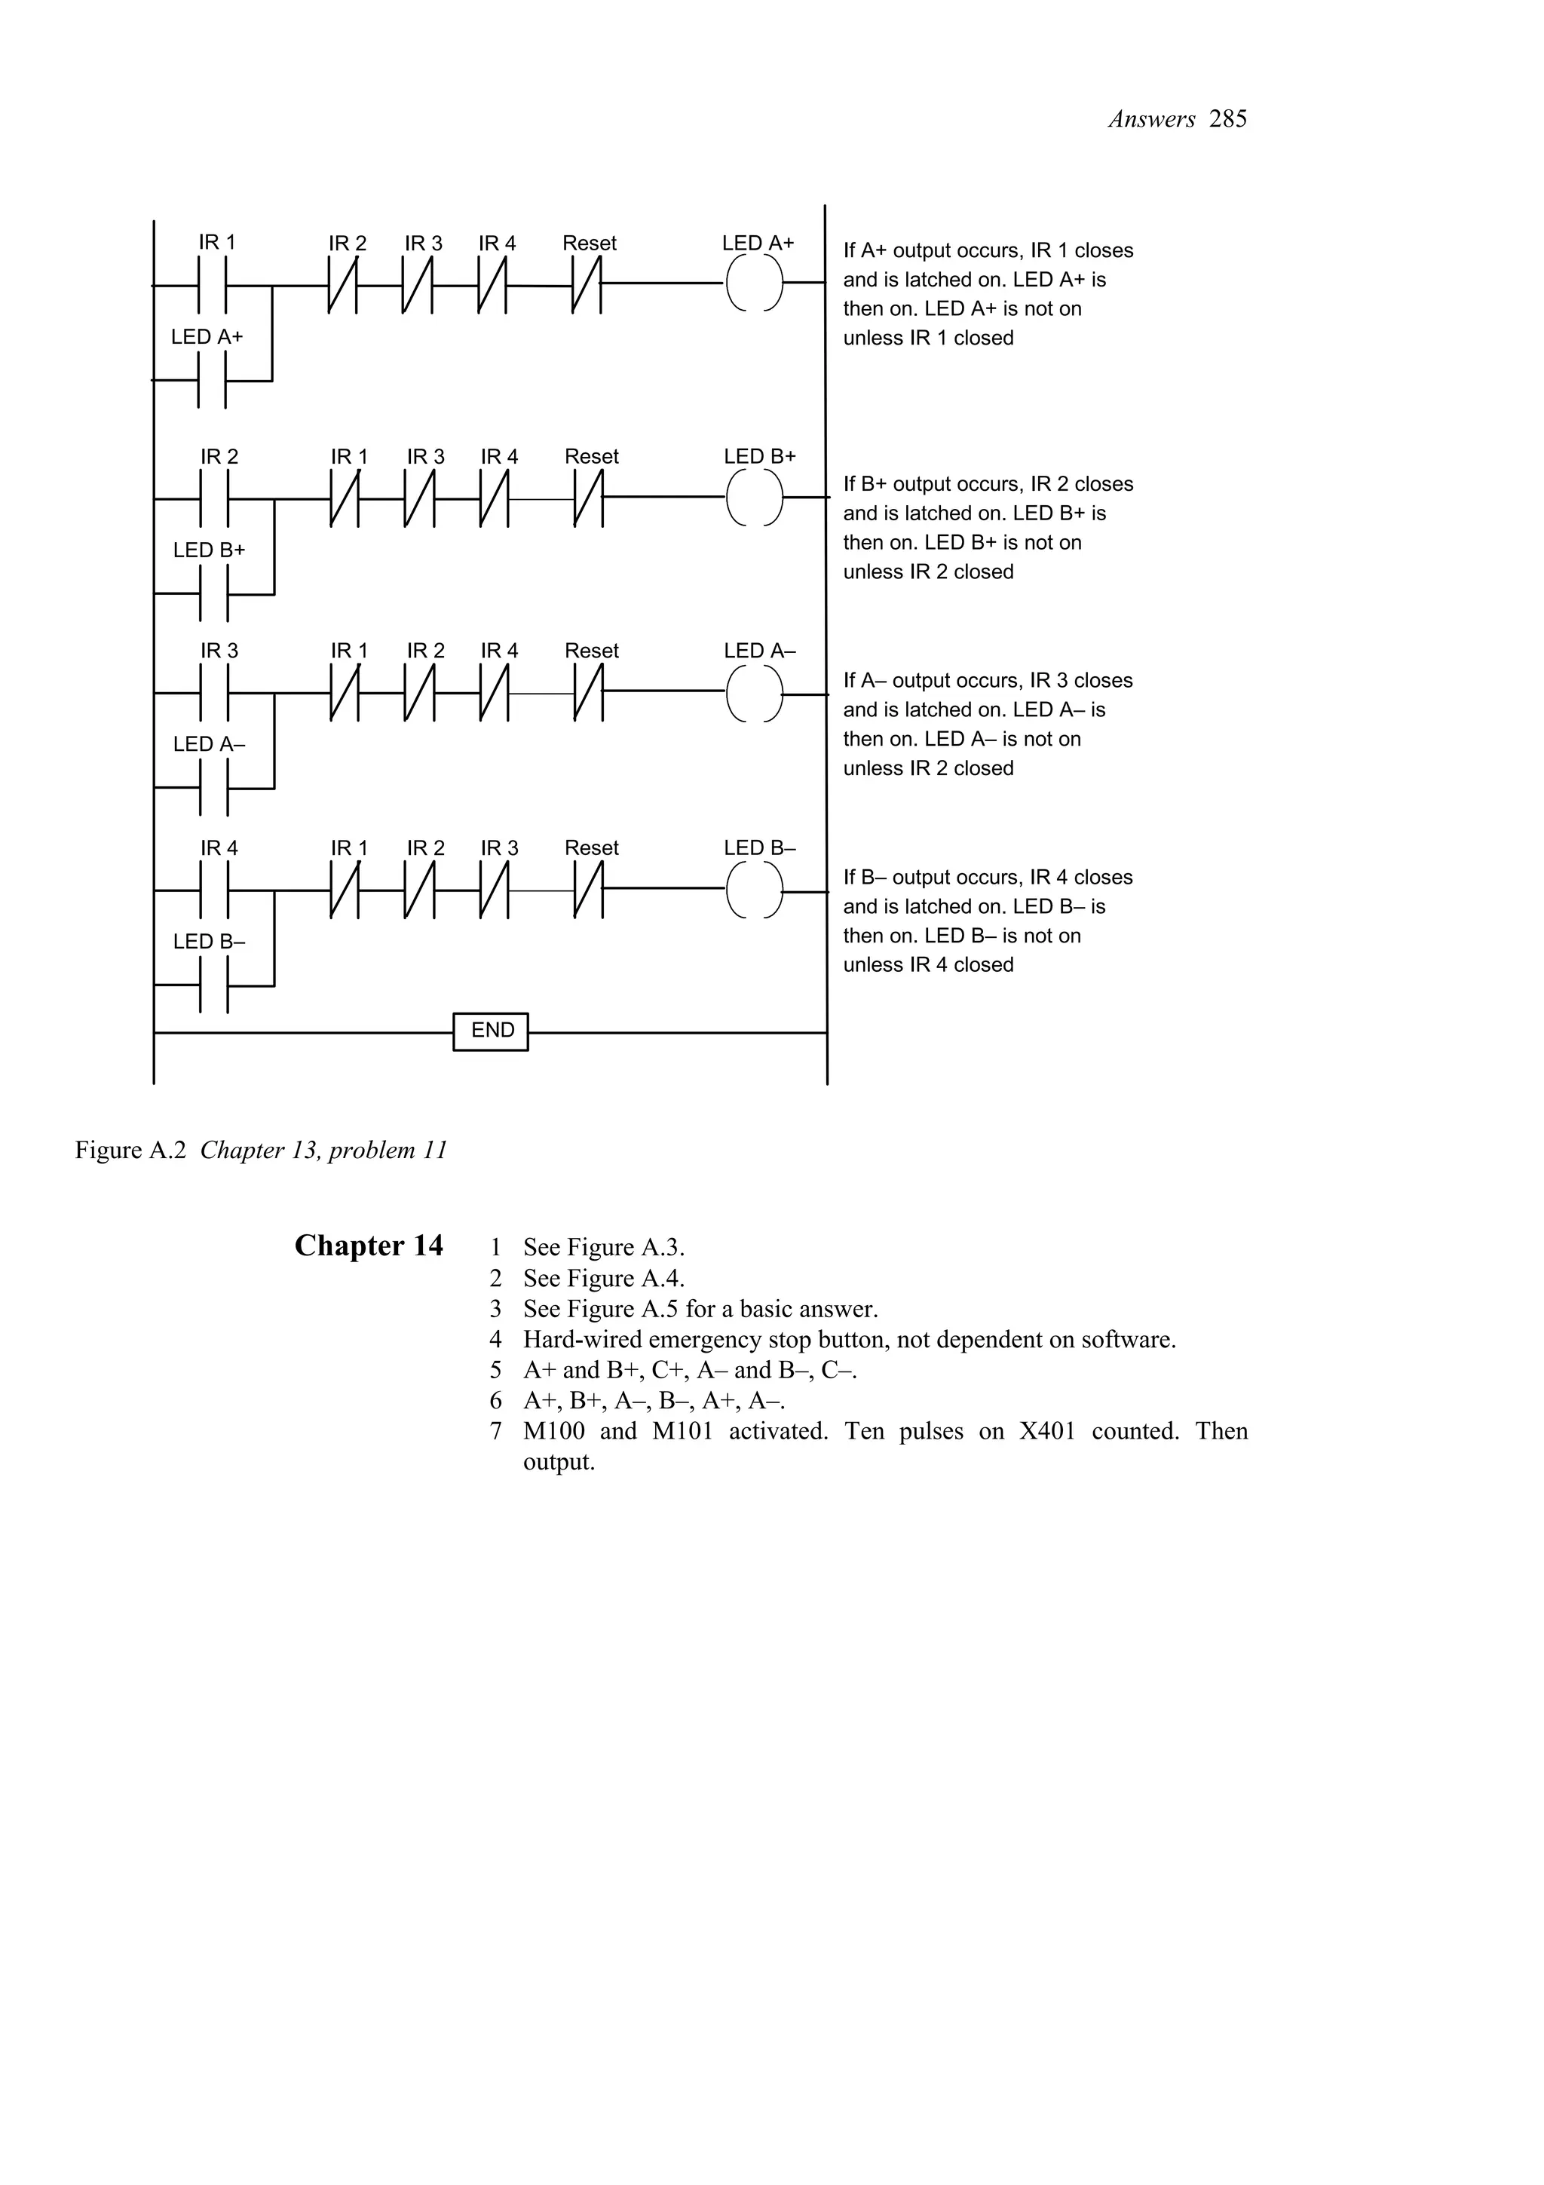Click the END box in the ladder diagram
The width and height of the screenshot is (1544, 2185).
click(491, 1031)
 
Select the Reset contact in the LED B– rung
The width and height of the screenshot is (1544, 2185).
click(589, 890)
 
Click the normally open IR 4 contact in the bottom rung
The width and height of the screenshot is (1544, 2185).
click(215, 890)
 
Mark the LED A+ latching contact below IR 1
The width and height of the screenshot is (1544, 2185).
click(212, 381)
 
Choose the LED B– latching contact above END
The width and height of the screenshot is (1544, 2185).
click(215, 986)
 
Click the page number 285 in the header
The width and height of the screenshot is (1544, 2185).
click(1228, 119)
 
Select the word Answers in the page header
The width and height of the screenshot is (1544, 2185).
click(1151, 119)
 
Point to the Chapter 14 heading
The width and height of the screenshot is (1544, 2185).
click(369, 1246)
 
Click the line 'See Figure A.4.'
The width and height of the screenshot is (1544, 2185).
click(603, 1278)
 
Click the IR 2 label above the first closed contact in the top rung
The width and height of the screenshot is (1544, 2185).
click(348, 244)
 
